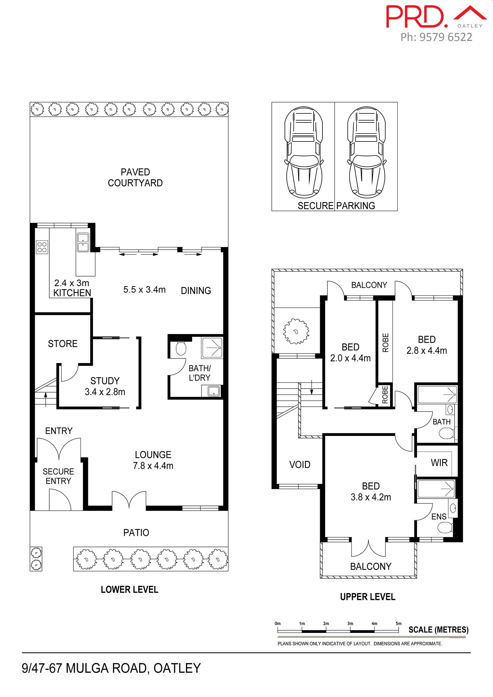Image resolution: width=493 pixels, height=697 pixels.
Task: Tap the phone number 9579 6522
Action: click(x=446, y=37)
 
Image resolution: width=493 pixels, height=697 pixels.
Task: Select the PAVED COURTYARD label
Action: click(x=135, y=177)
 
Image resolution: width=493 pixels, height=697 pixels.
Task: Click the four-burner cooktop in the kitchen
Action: click(x=42, y=247)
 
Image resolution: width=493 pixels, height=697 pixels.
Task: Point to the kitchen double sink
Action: click(x=83, y=242)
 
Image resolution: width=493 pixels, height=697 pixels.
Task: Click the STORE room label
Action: click(x=63, y=344)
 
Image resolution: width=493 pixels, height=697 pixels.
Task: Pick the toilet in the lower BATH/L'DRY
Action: click(x=181, y=348)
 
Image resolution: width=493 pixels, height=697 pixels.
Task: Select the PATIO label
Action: click(x=136, y=532)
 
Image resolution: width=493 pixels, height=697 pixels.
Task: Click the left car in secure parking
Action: click(x=303, y=152)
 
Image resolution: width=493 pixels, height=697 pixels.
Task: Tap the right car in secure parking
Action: click(x=366, y=152)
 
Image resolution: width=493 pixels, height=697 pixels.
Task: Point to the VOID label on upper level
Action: click(x=300, y=464)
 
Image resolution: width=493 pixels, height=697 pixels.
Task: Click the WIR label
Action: click(x=439, y=463)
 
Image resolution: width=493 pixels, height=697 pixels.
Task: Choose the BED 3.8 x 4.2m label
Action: click(x=371, y=491)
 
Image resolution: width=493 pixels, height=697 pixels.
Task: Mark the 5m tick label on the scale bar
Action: click(x=398, y=623)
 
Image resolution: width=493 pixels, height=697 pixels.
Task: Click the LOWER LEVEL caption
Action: click(x=129, y=590)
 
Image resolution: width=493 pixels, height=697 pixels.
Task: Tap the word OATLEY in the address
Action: click(x=177, y=668)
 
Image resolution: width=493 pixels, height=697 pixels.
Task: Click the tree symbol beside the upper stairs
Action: click(x=296, y=331)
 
